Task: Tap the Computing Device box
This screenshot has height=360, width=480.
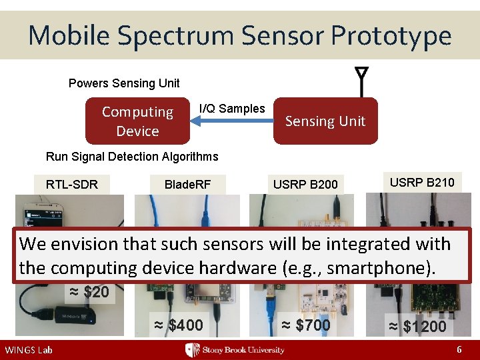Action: click(x=137, y=121)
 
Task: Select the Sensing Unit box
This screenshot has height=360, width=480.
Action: click(x=325, y=121)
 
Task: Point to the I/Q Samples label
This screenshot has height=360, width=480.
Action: click(x=232, y=108)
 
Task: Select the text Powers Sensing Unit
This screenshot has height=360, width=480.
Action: click(x=124, y=83)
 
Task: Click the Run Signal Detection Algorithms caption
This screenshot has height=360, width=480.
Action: click(x=132, y=157)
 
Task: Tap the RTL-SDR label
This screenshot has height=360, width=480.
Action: click(x=71, y=185)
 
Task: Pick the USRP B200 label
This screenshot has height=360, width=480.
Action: click(x=305, y=185)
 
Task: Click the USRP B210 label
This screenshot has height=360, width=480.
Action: click(x=422, y=182)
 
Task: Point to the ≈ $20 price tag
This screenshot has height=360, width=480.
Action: click(x=90, y=292)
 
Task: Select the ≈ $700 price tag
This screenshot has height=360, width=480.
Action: click(x=305, y=325)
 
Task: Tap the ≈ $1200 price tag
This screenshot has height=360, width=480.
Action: click(x=417, y=327)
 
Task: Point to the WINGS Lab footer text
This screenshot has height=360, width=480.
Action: click(x=28, y=350)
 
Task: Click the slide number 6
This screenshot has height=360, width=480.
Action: click(x=459, y=349)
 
